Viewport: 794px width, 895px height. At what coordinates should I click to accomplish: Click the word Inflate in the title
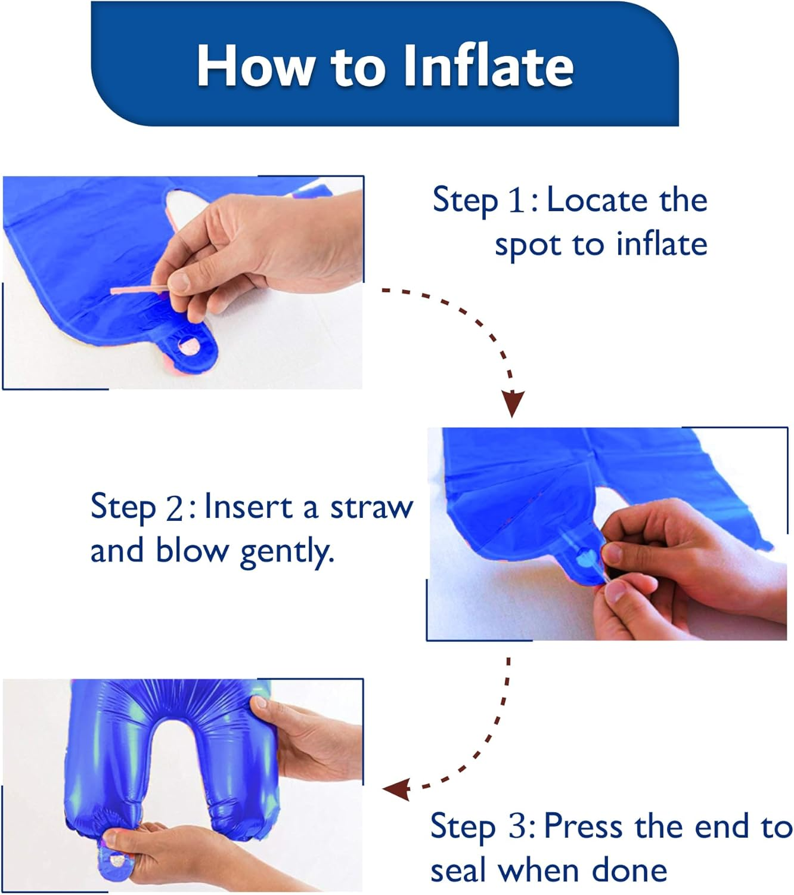tap(489, 66)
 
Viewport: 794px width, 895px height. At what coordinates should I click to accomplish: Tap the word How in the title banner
tap(254, 66)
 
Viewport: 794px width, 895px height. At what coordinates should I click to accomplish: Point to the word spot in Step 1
tap(528, 246)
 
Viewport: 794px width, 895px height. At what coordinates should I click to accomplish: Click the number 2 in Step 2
tap(174, 510)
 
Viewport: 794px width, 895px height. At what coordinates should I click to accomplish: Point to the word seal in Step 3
tap(460, 871)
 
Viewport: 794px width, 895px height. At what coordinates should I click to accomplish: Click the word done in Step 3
tap(629, 871)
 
